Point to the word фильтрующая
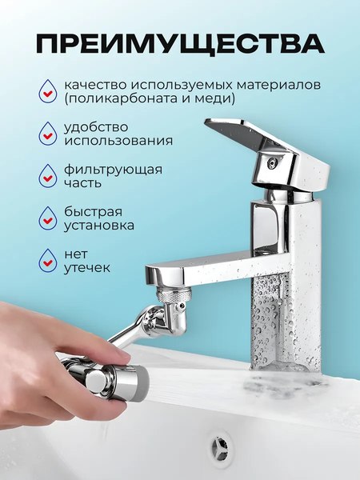click(113, 169)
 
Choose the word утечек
click(87, 269)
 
